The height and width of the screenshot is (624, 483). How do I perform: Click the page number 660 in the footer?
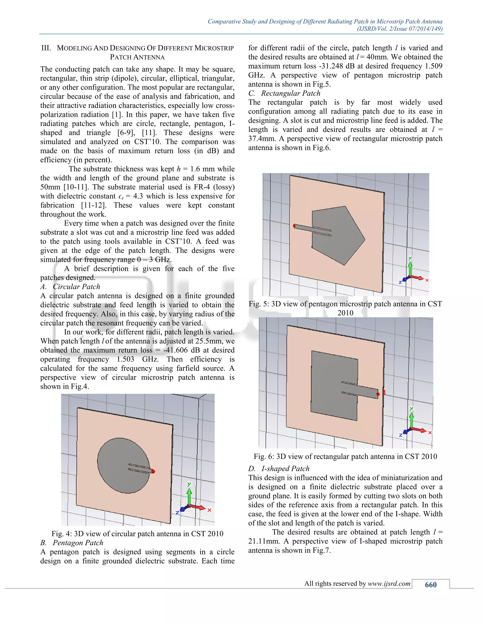tap(430, 585)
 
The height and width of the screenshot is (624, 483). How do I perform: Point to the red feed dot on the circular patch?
tap(153, 471)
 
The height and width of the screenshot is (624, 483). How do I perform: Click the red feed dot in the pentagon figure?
tap(294, 226)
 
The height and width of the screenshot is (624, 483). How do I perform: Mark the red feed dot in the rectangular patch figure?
tap(378, 394)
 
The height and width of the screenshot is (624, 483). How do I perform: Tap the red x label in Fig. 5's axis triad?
tap(427, 280)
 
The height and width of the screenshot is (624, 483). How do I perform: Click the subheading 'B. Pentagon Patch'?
tap(72, 543)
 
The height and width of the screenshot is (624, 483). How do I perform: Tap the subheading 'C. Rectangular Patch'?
tap(284, 93)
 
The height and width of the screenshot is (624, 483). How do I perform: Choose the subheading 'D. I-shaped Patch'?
tap(279, 469)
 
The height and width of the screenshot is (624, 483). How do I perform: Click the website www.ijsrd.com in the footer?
tap(389, 583)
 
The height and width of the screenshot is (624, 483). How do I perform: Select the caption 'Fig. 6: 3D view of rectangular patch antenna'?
tap(345, 456)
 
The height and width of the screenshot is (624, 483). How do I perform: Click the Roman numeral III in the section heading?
tap(46, 48)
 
